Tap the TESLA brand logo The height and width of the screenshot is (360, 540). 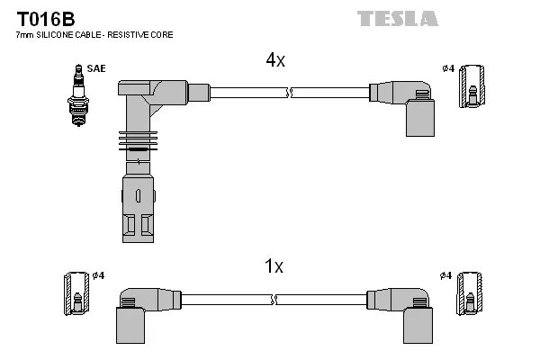[x=397, y=18]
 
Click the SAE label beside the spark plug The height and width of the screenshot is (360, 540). [x=95, y=68]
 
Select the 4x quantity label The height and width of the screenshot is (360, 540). [x=274, y=60]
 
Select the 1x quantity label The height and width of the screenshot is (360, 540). [x=274, y=266]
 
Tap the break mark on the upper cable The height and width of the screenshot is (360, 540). [x=288, y=92]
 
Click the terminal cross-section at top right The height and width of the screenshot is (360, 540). [x=471, y=87]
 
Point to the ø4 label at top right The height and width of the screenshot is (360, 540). [x=447, y=68]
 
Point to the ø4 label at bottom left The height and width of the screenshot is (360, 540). [x=99, y=274]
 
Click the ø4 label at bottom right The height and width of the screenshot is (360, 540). [x=446, y=274]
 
